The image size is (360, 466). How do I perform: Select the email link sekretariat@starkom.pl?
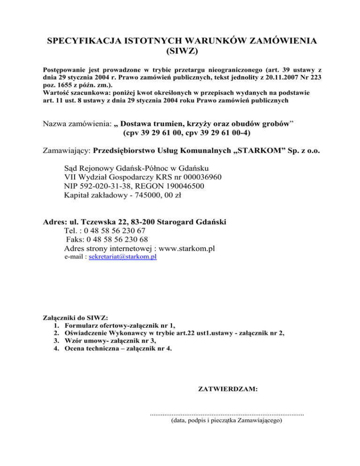click(x=122, y=257)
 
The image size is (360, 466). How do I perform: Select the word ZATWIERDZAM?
click(x=229, y=389)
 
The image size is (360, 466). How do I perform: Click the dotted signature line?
click(x=226, y=414)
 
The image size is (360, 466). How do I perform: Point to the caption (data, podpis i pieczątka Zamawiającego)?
click(x=226, y=421)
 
